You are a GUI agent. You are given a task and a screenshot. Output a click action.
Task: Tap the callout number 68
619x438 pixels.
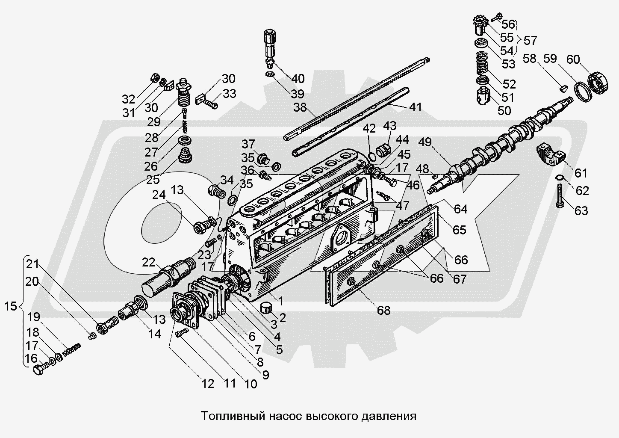click(384, 310)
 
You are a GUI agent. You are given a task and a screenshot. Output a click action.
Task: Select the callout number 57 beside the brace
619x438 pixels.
click(530, 41)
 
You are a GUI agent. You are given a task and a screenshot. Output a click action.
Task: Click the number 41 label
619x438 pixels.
click(415, 107)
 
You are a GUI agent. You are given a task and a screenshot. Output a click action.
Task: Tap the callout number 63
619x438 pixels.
click(581, 210)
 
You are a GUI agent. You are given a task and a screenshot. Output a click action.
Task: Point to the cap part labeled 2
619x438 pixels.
click(268, 308)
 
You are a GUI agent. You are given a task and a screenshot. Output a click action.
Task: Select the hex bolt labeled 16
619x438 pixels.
click(38, 370)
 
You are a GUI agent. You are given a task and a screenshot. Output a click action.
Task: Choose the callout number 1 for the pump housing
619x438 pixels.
click(281, 301)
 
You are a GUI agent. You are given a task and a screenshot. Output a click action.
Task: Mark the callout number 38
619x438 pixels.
click(301, 107)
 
